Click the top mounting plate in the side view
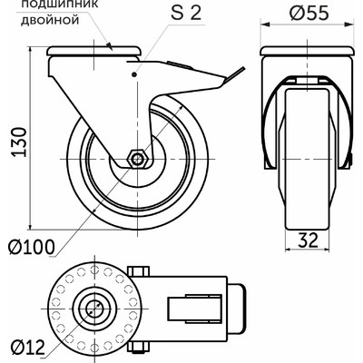click(94, 51)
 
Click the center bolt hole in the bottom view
click(94, 309)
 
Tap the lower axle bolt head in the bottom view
click(139, 347)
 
